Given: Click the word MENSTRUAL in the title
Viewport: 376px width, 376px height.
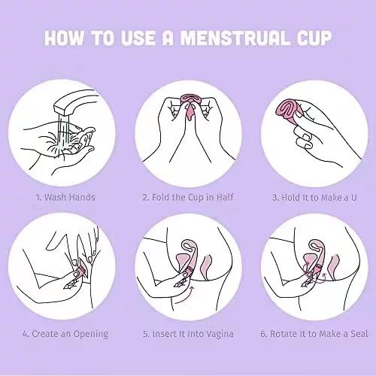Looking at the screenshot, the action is point(235,38).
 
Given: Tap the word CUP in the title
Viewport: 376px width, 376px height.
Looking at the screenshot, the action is point(314,38).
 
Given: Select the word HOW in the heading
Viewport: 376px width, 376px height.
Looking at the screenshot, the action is point(64,38).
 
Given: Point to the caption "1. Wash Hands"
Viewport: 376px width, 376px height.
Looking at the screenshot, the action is point(65,197).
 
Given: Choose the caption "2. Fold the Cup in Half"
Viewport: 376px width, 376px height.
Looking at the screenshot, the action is point(188,197).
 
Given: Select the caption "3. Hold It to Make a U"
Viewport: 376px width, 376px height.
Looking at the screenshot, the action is point(314,198).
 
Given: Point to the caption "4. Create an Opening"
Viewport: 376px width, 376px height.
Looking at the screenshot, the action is point(65,334).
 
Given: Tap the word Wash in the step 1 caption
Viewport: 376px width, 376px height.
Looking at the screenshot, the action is point(56,197).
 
